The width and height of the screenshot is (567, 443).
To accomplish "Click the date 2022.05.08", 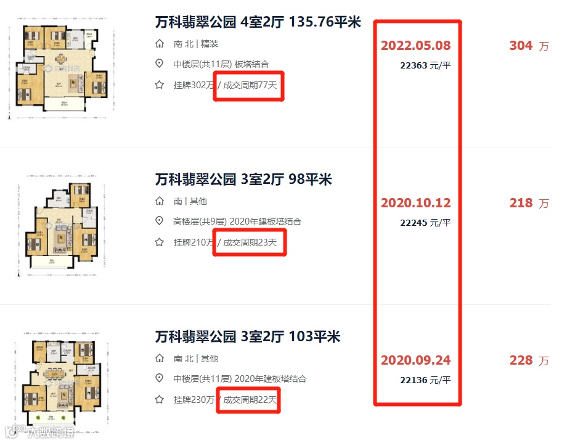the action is (x=416, y=46).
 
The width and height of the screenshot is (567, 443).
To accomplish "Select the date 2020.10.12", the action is (x=416, y=203).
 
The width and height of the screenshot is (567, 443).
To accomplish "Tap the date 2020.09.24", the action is (x=416, y=360).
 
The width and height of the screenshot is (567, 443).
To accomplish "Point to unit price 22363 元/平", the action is (x=425, y=65).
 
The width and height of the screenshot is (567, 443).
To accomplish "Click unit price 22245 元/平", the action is (x=425, y=222).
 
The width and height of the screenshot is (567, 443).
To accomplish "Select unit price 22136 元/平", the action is (x=425, y=380).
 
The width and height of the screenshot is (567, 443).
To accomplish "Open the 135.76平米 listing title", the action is (x=258, y=23).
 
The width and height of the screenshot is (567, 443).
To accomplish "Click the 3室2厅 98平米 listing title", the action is (x=243, y=180).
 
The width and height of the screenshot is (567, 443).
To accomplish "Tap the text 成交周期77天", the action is (x=250, y=85).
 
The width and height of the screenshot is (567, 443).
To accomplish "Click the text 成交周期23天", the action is (x=250, y=242).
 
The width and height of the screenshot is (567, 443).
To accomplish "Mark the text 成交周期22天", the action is (x=250, y=400).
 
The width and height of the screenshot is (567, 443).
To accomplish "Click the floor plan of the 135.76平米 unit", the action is (x=62, y=68).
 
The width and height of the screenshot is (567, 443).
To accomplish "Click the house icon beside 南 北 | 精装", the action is (x=160, y=44).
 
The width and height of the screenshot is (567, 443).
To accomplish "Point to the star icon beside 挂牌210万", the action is (x=160, y=242).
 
